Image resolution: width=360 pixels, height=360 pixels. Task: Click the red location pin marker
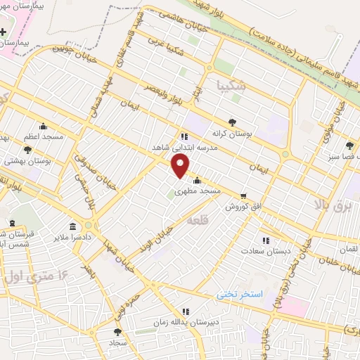181,166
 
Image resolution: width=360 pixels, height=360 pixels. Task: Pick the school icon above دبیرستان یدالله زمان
185,311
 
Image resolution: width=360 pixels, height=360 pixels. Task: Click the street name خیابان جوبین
70,50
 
